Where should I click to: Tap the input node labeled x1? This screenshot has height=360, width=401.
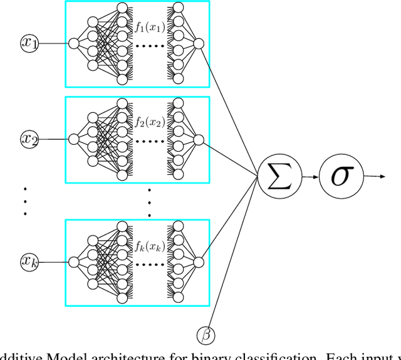[x=29, y=44]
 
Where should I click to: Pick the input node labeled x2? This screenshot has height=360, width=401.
[x=29, y=139]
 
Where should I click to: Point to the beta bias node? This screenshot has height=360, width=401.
[x=206, y=334]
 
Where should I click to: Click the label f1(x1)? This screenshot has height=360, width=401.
[x=150, y=27]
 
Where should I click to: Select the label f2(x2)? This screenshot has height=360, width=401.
[x=150, y=122]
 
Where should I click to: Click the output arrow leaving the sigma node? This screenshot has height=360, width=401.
[x=374, y=177]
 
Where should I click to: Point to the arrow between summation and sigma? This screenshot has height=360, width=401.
[x=310, y=177]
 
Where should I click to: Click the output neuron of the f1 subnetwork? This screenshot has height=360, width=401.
[x=199, y=44]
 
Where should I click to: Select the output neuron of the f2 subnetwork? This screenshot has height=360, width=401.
[x=199, y=139]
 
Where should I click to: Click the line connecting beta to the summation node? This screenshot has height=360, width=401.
[x=238, y=263]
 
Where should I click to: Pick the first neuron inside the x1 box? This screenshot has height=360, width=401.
[x=73, y=44]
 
